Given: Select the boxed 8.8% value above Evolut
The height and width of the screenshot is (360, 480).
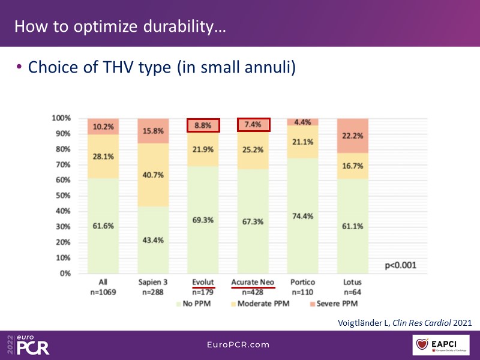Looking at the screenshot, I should [x=203, y=125].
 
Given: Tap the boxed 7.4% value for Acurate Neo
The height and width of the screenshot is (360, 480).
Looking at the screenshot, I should [x=253, y=125].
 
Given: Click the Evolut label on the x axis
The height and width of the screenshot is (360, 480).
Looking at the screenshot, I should [x=203, y=283].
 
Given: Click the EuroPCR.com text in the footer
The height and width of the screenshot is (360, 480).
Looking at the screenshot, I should [x=239, y=345].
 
